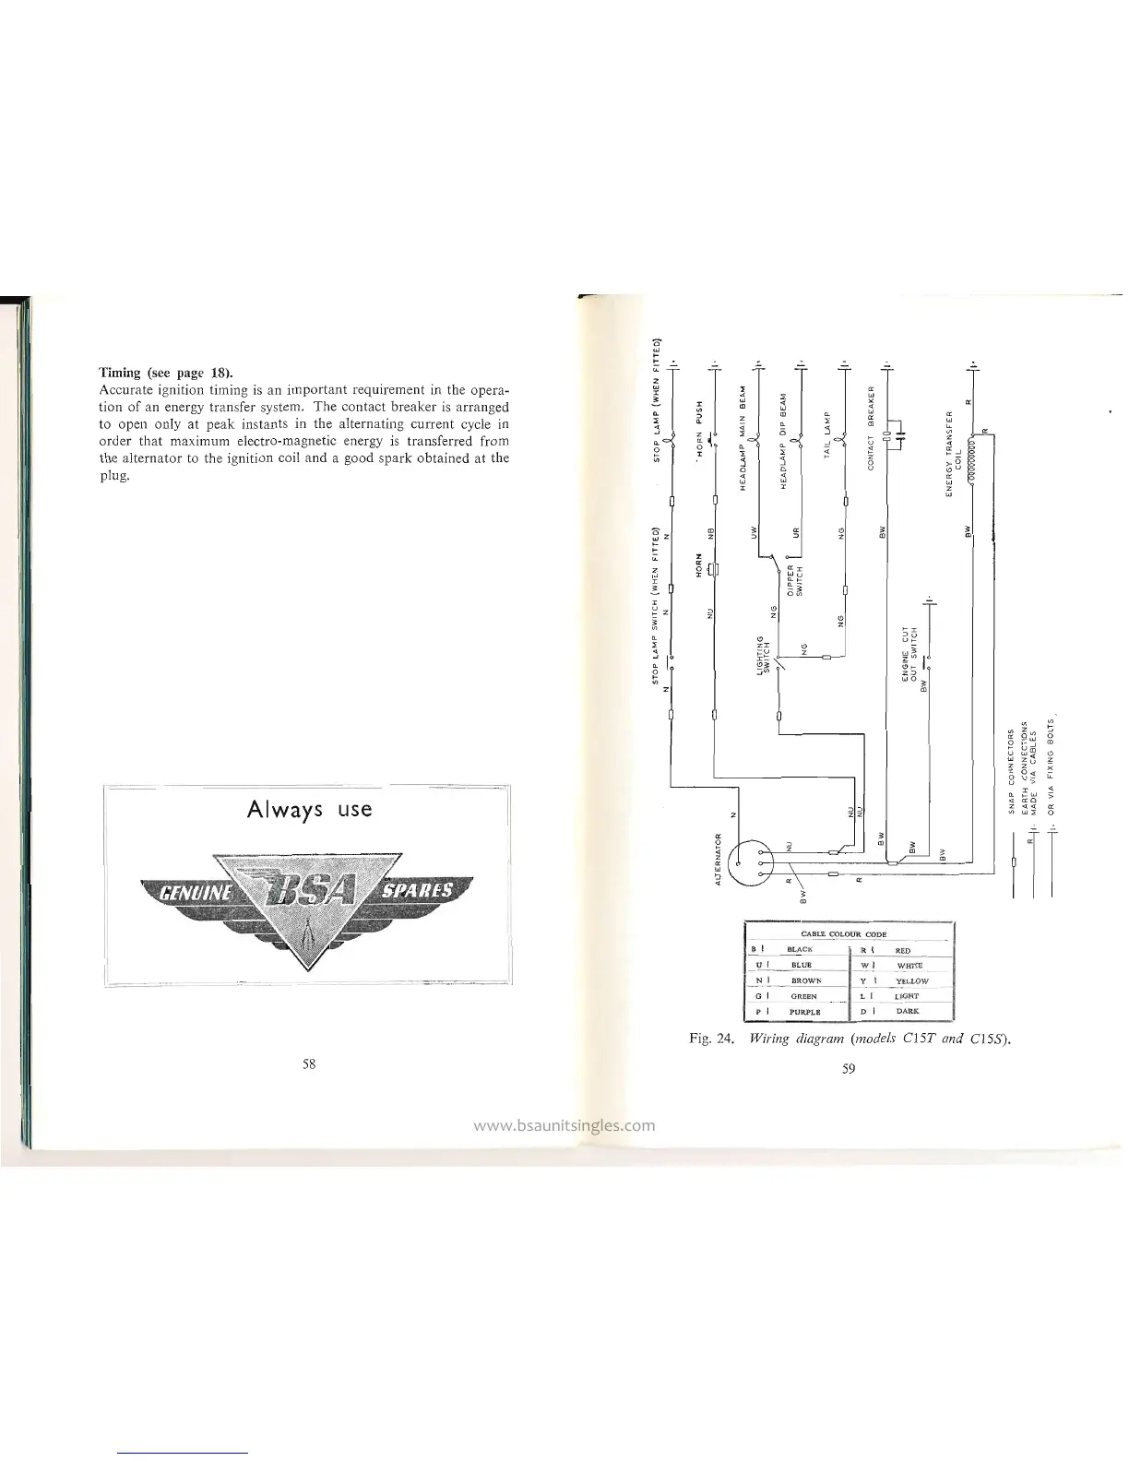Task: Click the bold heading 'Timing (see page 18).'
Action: point(166,373)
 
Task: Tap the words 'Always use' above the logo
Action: point(309,809)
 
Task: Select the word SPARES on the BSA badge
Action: point(421,891)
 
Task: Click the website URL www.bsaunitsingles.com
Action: point(564,1124)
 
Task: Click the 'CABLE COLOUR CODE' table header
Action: point(849,933)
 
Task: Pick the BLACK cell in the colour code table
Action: point(799,949)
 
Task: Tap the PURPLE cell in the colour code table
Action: point(799,1011)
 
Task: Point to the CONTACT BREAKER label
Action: point(871,427)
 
